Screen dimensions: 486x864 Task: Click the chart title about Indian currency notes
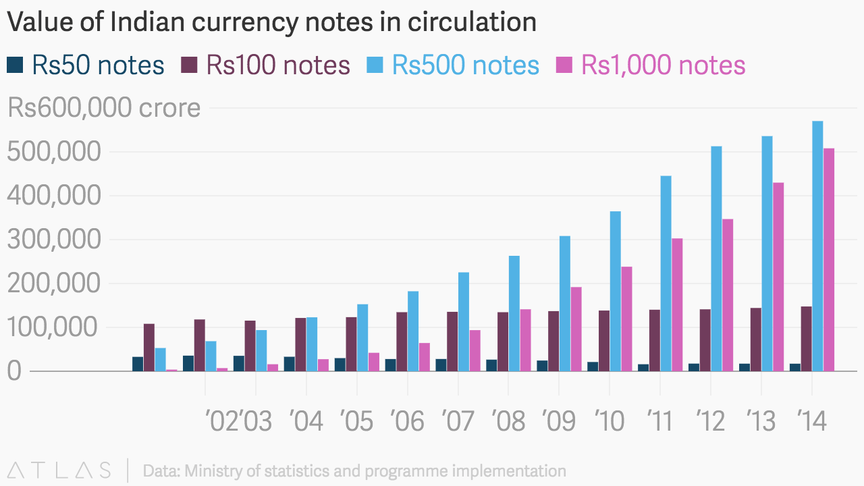click(271, 22)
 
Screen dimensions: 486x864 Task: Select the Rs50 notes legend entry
click(86, 65)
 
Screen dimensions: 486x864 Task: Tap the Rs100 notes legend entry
click(266, 65)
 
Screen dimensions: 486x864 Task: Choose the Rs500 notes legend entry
click(453, 65)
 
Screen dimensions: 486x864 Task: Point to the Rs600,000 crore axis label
click(104, 108)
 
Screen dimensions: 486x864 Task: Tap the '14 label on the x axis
click(812, 421)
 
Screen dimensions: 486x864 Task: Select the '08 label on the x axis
click(509, 421)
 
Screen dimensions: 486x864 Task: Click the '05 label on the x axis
click(357, 421)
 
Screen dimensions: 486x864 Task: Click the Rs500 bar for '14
click(817, 246)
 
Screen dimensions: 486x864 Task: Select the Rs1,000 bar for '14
click(829, 259)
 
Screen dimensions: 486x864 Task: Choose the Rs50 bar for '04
click(289, 364)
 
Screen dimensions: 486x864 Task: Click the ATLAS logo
click(59, 470)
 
